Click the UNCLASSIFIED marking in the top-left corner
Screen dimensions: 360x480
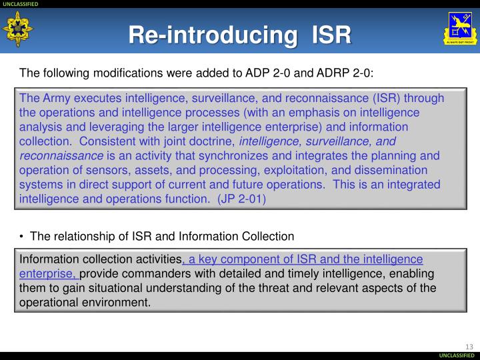point(21,4)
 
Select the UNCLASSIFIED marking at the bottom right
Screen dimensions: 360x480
point(458,356)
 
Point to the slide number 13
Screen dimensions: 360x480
point(468,345)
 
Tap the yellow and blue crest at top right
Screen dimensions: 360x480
point(459,29)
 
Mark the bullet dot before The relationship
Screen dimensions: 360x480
point(23,236)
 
